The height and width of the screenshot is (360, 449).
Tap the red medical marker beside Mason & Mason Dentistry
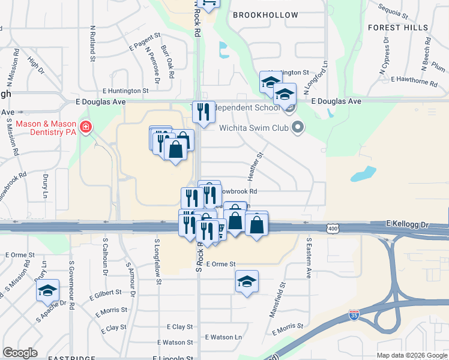86,127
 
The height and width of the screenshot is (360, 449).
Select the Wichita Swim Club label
253,127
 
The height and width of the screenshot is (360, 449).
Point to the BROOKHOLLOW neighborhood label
265,15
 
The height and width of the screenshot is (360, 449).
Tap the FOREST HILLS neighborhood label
398,28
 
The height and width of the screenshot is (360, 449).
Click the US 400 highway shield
333,228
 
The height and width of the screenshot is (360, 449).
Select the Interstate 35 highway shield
355,314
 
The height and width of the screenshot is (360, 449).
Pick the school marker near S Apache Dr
47,290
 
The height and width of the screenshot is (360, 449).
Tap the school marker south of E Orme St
247,281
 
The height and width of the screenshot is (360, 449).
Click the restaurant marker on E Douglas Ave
203,112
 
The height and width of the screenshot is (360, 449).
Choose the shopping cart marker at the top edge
208,3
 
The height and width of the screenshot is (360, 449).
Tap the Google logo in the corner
20,353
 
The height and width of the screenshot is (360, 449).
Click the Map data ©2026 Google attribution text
412,355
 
